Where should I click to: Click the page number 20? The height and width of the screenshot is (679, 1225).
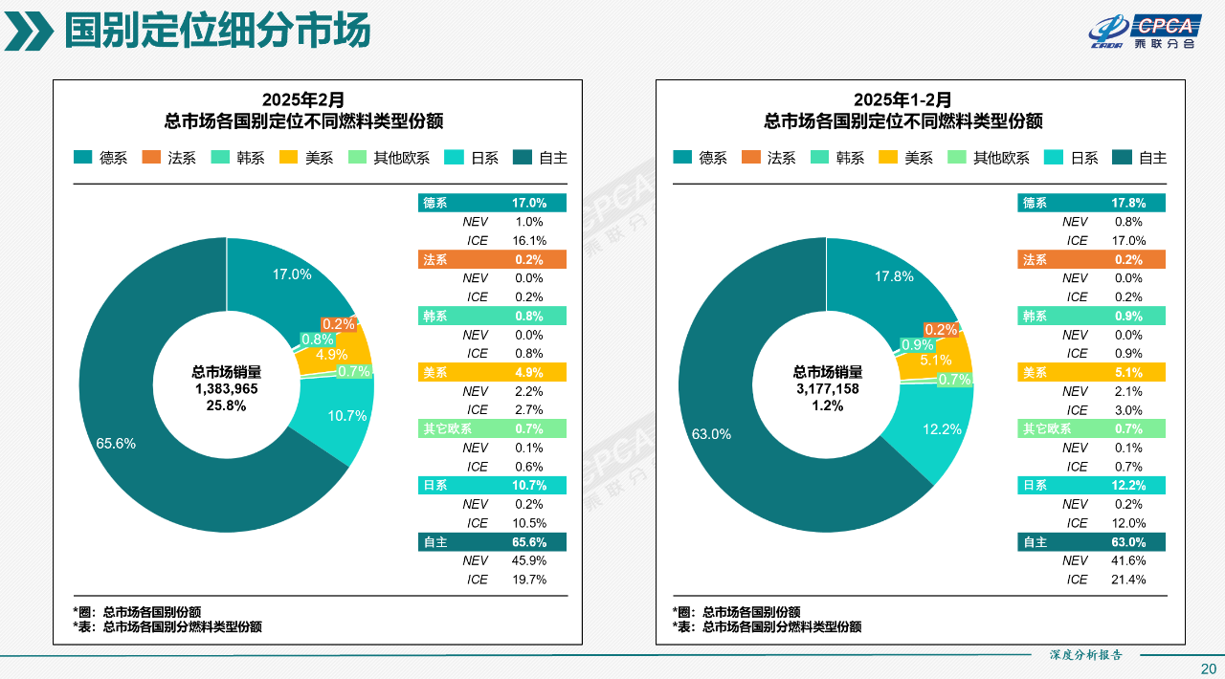pos(1209,668)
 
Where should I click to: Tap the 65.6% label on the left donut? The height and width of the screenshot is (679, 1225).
pos(116,444)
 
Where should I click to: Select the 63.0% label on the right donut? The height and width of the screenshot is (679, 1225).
pos(711,434)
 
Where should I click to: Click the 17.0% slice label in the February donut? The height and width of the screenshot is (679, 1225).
pos(292,274)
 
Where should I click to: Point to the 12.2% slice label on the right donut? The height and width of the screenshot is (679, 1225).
pos(942,429)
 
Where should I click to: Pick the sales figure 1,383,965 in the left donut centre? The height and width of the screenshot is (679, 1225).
pos(227,389)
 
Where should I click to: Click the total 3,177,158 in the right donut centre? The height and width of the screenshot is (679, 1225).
pos(827,389)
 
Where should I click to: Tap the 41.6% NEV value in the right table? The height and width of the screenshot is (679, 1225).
pos(1129,560)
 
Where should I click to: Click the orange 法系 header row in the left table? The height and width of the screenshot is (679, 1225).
pos(492,259)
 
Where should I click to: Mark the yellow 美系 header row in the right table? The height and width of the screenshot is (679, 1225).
pos(1091,372)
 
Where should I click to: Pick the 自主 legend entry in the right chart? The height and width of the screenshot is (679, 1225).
pos(1139,158)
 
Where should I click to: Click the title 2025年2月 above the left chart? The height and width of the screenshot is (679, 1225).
pos(303,99)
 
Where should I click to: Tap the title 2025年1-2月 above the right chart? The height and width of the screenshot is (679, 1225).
pos(902,99)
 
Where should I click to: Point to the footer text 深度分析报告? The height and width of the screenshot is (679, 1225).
pos(1085,655)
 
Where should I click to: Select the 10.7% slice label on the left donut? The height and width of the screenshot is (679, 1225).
pos(347,416)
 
